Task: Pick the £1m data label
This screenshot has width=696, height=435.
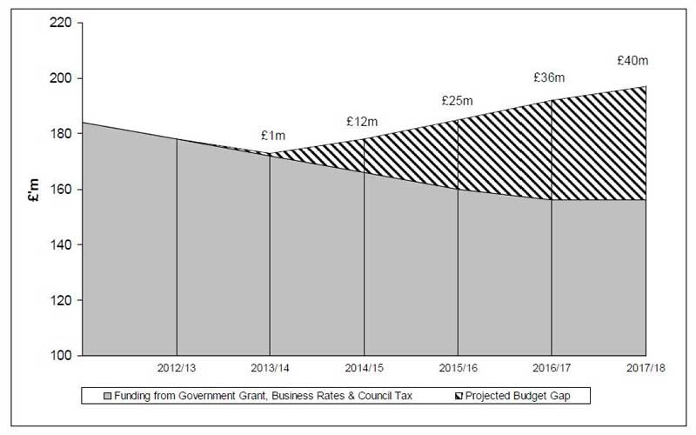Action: (272, 136)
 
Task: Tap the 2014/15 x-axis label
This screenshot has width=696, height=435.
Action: (365, 368)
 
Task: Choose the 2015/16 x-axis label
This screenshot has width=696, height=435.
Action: (458, 368)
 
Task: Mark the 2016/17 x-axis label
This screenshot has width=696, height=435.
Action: (552, 368)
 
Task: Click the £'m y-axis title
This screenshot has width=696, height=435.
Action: (33, 189)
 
